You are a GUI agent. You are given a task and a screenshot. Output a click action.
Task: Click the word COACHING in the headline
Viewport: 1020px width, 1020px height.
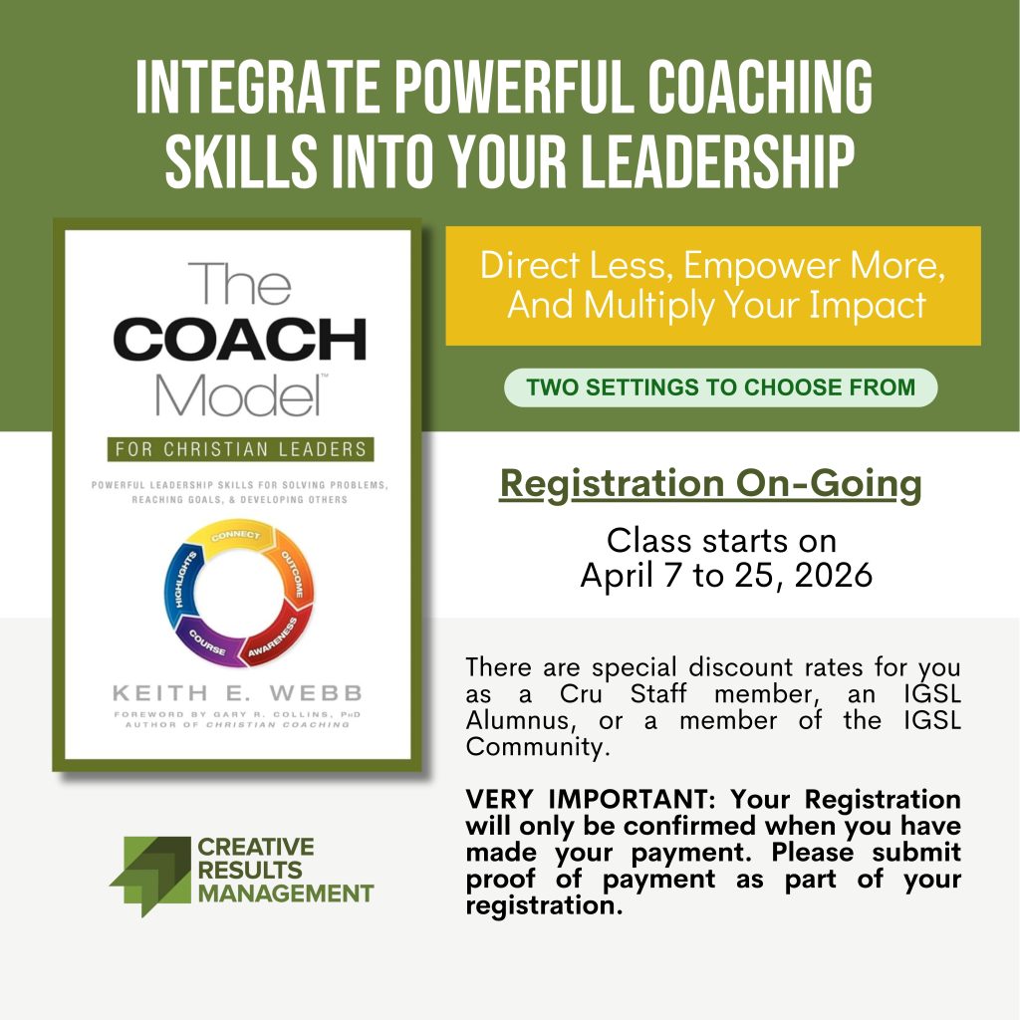pos(759,87)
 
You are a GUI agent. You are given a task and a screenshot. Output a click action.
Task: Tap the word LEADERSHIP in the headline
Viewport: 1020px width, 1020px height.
pos(716,161)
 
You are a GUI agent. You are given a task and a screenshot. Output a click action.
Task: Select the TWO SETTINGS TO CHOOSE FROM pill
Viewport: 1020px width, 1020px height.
pos(721,387)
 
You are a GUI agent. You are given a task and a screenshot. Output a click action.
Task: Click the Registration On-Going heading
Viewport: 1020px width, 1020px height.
pos(710,485)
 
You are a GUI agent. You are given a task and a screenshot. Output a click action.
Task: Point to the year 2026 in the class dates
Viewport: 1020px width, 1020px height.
pos(834,575)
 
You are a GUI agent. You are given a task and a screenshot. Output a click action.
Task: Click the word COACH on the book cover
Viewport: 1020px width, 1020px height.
pos(239,339)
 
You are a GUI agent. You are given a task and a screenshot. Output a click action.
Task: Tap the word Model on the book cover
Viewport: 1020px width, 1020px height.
pos(238,394)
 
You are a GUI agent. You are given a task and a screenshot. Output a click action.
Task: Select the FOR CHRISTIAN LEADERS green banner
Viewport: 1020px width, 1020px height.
pos(241,449)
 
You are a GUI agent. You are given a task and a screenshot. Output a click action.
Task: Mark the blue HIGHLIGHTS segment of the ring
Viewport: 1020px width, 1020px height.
pos(183,582)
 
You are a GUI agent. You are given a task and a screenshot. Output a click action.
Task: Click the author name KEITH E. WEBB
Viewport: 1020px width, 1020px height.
pos(237,693)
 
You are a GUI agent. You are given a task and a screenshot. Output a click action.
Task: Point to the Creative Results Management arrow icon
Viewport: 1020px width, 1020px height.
pos(151,876)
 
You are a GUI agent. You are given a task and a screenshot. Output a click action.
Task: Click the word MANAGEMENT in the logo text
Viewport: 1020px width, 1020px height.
pos(286,893)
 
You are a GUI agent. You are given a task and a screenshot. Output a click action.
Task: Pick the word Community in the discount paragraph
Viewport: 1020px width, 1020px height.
pos(538,747)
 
